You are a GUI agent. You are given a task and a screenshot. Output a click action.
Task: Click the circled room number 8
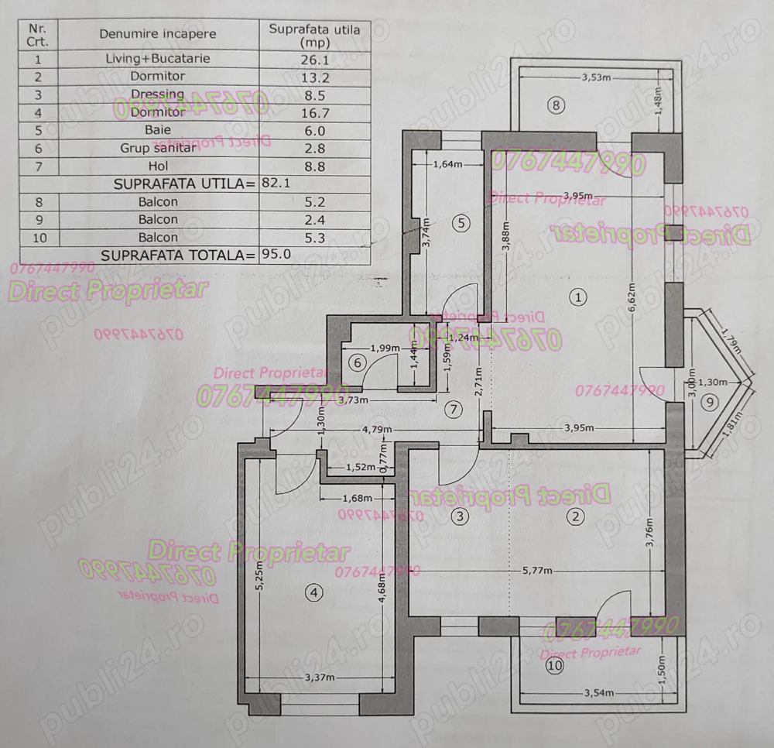tap(555, 106)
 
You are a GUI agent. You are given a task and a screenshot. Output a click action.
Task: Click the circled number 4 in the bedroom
tap(313, 593)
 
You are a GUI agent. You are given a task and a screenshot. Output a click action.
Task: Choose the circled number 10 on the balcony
tap(553, 664)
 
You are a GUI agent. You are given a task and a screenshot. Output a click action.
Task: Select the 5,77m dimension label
tap(537, 571)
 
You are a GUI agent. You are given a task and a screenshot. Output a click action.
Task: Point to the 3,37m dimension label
tap(319, 678)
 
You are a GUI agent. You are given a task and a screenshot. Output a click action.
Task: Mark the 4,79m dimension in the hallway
tap(375, 429)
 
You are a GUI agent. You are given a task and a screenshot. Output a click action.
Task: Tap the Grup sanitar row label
tap(158, 148)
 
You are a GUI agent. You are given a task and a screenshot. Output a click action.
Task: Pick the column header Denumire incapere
tap(158, 34)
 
